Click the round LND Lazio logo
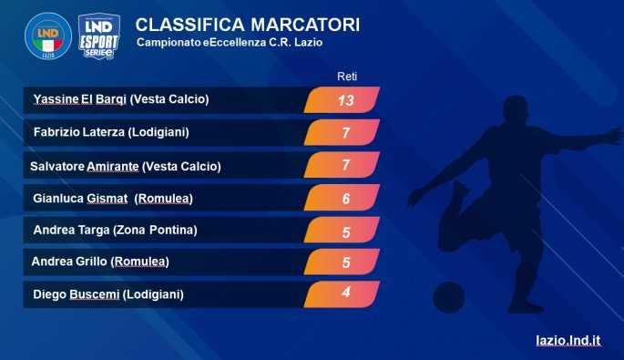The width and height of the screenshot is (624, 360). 48,36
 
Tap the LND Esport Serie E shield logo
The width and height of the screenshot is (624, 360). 99,36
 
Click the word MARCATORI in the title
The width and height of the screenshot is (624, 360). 305,25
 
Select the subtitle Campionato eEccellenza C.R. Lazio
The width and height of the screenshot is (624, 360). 230,43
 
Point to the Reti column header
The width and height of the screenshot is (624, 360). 347,77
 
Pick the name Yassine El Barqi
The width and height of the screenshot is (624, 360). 79,99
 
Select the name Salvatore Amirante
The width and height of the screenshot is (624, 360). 85,166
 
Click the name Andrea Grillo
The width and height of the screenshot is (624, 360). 69,262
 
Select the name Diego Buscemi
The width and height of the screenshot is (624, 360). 77,294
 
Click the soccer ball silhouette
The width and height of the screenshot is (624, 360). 448,297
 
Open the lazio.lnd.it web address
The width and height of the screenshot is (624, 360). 568,341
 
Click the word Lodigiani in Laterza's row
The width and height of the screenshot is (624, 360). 159,132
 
